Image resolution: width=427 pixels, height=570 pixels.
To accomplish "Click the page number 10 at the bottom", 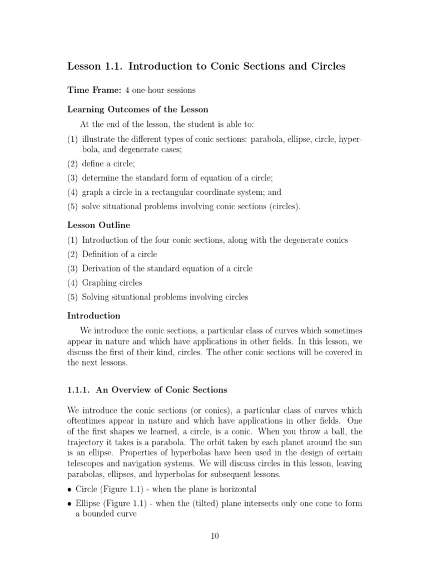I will pos(215,536).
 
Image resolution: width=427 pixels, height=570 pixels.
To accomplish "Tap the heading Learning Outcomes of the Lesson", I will pos(137,109).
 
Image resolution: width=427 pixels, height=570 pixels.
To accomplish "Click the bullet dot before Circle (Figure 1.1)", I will pos(70,490).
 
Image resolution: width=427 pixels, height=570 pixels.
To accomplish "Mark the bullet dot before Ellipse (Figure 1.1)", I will pos(70,504).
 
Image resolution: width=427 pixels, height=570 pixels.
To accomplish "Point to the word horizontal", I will pos(236,489).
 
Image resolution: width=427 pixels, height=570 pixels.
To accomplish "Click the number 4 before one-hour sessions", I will pos(127,90).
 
